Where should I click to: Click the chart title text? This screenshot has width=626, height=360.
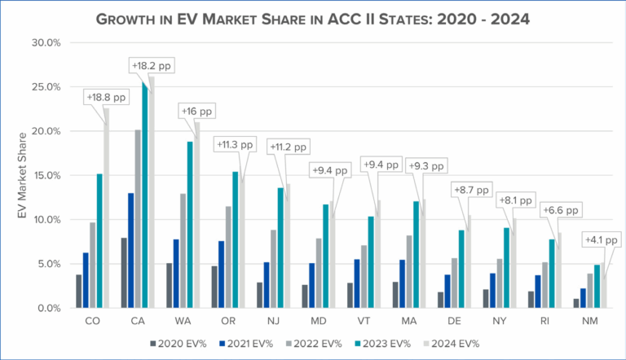(314, 19)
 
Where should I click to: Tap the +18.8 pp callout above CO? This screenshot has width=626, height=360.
(108, 97)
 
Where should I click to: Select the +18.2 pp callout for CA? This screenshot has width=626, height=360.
(152, 65)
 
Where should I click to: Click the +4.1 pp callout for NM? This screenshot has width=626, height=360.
(600, 240)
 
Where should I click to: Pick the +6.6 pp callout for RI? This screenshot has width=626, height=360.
(560, 209)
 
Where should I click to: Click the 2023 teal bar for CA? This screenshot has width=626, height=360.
(145, 195)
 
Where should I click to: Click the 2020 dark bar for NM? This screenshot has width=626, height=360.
(576, 303)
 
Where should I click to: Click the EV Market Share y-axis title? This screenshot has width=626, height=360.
(21, 175)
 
